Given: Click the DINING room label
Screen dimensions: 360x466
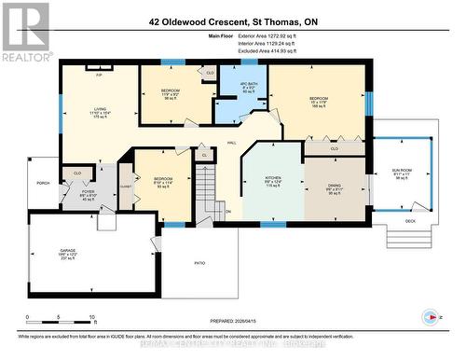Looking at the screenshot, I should click(334, 186).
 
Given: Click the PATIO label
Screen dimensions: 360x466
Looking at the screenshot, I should click(199, 264).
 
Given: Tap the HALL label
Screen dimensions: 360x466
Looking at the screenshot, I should click(231, 142).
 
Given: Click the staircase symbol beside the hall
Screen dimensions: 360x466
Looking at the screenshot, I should click(208, 187).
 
